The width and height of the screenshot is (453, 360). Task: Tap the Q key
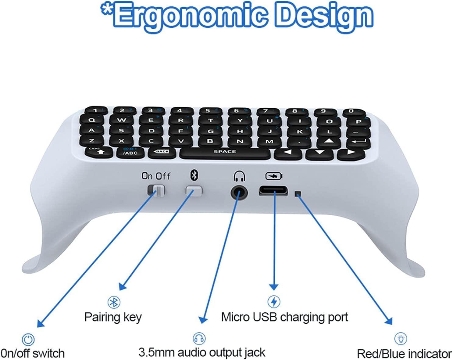pyautogui.click(x=92, y=121)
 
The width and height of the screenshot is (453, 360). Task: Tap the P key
pyautogui.click(x=358, y=121)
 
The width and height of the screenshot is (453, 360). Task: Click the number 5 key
pyautogui.click(x=208, y=111)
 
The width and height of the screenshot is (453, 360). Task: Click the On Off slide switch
pyautogui.click(x=156, y=190)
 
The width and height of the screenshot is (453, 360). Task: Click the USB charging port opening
pyautogui.click(x=273, y=191)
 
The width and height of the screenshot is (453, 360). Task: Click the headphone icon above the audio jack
pyautogui.click(x=239, y=176)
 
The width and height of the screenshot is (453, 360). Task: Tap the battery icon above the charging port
pyautogui.click(x=274, y=176)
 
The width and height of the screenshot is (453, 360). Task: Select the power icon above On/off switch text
pyautogui.click(x=28, y=339)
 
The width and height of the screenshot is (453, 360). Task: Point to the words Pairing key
pyautogui.click(x=113, y=317)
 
